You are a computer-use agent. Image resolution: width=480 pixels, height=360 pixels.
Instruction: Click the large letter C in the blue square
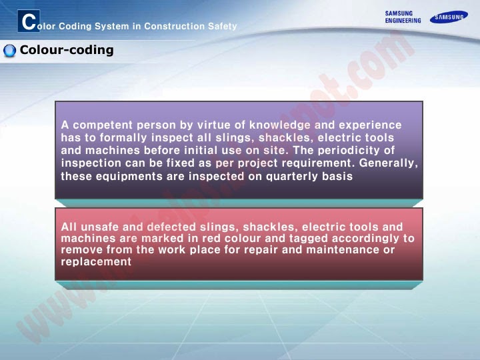pos(29,21)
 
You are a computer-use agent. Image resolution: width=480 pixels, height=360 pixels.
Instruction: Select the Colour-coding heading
pos(67,50)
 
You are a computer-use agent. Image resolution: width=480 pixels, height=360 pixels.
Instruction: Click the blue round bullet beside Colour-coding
pos(9,51)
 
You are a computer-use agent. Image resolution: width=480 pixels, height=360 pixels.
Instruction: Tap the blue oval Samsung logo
pos(449,17)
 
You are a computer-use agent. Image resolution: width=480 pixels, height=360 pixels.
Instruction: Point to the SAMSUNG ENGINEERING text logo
pos(403,17)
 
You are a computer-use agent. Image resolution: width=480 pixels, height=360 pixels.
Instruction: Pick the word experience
pos(370,125)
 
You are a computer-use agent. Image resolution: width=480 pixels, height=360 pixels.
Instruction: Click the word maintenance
pos(337,249)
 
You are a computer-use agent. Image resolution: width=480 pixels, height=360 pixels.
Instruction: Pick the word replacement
pos(96,261)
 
